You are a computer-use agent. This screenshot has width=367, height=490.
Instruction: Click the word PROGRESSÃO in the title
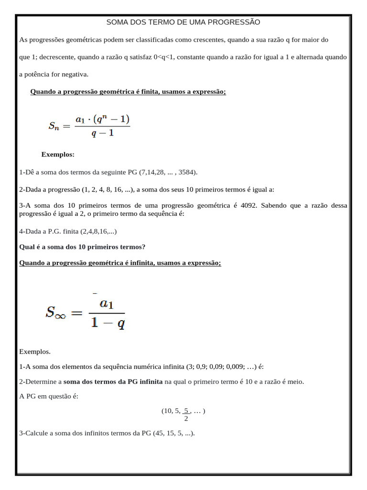(x=233, y=22)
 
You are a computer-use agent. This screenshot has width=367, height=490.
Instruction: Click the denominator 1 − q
(x=108, y=324)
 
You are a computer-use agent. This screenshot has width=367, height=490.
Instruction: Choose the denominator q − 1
(x=103, y=133)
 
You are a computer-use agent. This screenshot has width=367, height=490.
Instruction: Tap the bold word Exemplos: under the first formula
(x=58, y=155)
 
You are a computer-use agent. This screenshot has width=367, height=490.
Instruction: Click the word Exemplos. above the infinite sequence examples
(x=35, y=352)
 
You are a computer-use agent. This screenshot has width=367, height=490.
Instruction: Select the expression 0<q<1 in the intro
(x=165, y=56)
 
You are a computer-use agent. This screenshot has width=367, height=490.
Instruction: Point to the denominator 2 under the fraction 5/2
(x=186, y=419)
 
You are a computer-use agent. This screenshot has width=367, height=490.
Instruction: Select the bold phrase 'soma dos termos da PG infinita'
(x=113, y=381)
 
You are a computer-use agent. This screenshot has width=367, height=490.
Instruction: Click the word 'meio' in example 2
(x=295, y=381)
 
